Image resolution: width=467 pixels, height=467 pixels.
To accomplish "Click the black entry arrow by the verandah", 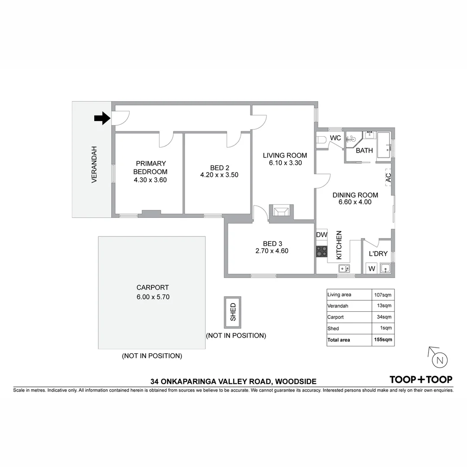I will point(102,118).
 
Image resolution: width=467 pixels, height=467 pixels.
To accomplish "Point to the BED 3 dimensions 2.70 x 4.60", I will point(272,251).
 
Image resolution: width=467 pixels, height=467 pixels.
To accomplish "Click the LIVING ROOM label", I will point(285,155).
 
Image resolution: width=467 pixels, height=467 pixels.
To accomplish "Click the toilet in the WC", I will point(321,140).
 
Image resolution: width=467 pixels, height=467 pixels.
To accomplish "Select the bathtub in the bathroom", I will point(384,145).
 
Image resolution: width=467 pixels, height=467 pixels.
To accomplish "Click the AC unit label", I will point(388,177).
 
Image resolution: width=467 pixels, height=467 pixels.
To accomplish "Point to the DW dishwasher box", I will point(321,235).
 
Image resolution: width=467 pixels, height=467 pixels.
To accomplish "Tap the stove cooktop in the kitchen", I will point(321,251).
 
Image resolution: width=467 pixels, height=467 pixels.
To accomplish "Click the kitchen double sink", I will point(344,269).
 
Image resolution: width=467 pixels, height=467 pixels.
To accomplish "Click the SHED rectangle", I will point(233,312).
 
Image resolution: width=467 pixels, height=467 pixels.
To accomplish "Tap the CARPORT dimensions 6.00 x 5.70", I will point(153,297).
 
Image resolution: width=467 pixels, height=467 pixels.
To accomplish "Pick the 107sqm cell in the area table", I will point(383,295).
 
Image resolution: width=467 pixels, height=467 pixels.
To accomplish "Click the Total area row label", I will point(339,340).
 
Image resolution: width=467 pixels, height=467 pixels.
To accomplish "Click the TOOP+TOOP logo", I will point(421,380).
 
